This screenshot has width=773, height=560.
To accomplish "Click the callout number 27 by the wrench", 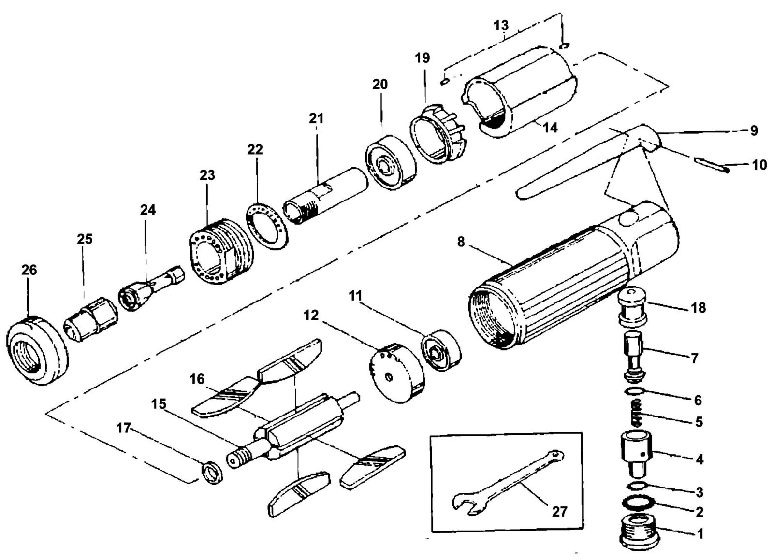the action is pyautogui.click(x=559, y=512).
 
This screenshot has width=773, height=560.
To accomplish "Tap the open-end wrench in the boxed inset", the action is pyautogui.click(x=507, y=483).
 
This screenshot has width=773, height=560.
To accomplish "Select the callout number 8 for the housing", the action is pyautogui.click(x=461, y=242).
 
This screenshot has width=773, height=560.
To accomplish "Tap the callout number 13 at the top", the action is pyautogui.click(x=501, y=25).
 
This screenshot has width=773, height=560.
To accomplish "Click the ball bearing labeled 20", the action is pyautogui.click(x=391, y=162).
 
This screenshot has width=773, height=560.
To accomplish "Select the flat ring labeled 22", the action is pyautogui.click(x=267, y=226).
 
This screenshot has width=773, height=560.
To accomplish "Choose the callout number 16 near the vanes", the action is pyautogui.click(x=197, y=379).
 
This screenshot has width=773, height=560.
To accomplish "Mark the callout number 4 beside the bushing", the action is pyautogui.click(x=699, y=459).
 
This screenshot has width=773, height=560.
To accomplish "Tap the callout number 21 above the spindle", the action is pyautogui.click(x=316, y=118).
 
